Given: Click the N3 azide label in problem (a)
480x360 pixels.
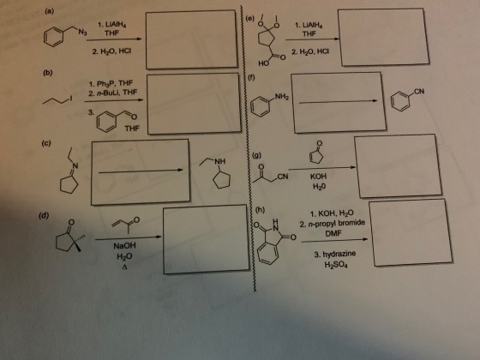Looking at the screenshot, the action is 82,32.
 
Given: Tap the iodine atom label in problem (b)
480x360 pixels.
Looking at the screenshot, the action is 71,98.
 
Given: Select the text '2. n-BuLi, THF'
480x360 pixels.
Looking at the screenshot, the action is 113,93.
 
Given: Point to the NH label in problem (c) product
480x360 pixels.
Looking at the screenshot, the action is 219,161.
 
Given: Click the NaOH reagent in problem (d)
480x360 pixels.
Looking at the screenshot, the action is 124,246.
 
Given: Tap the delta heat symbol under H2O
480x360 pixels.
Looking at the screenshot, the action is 124,267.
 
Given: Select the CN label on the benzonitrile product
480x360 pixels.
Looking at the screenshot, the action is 419,91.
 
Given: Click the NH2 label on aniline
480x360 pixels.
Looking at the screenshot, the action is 282,98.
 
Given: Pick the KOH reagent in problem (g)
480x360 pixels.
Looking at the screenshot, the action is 318,177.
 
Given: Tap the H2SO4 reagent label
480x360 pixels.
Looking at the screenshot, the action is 336,265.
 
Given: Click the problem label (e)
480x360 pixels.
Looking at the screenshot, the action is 250,19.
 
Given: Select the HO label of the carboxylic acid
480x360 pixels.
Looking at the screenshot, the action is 263,63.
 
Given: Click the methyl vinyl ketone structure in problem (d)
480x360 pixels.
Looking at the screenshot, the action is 125,225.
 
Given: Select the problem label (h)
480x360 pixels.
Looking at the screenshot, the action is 260,210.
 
